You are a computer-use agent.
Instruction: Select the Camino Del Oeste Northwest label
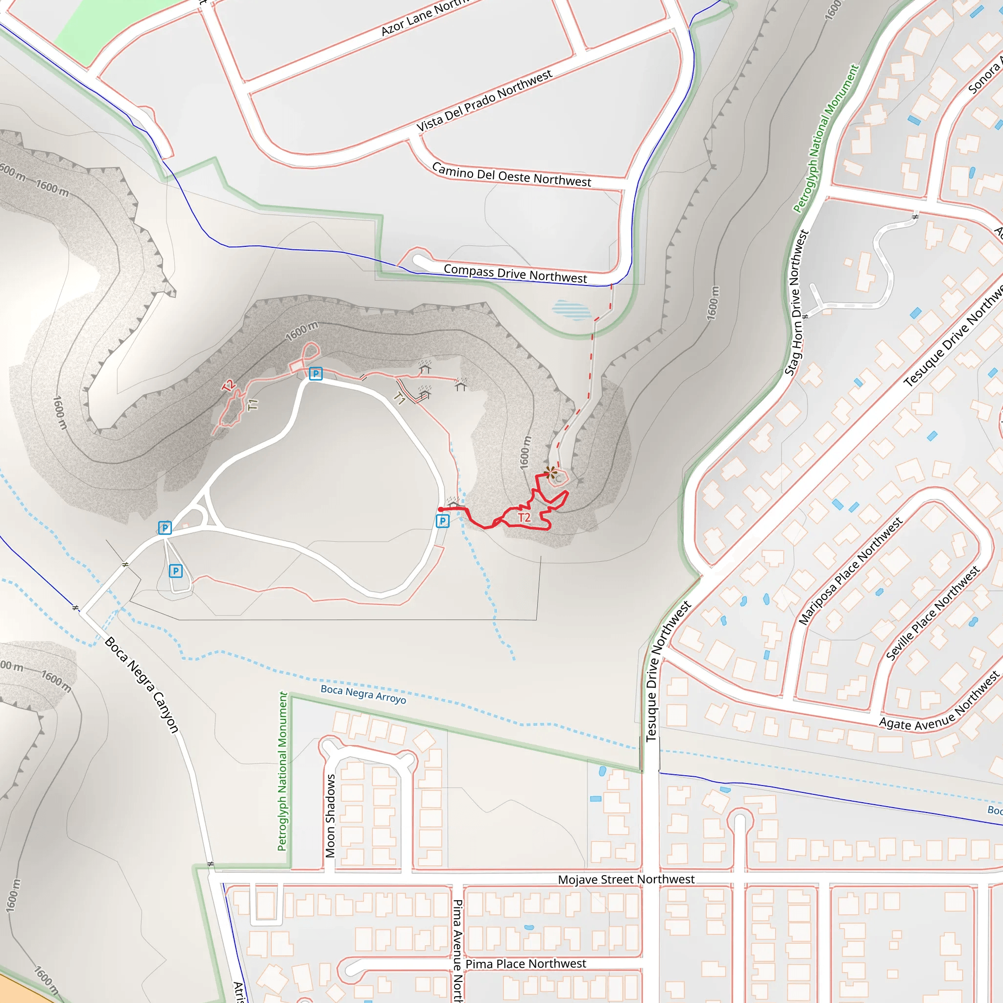pyautogui.click(x=511, y=175)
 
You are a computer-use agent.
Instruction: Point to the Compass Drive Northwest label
pyautogui.click(x=515, y=273)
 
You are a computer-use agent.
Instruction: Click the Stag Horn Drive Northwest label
pyautogui.click(x=796, y=303)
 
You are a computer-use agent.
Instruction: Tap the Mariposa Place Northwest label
pyautogui.click(x=850, y=572)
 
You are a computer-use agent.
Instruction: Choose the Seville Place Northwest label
pyautogui.click(x=932, y=613)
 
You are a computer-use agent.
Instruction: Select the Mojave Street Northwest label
pyautogui.click(x=626, y=880)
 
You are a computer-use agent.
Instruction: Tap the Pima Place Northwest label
pyautogui.click(x=525, y=964)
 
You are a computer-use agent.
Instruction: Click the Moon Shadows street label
pyautogui.click(x=330, y=816)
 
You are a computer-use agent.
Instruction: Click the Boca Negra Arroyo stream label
pyautogui.click(x=363, y=694)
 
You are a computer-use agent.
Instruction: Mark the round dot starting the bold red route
pyautogui.click(x=440, y=510)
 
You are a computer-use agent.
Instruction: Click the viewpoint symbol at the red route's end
pyautogui.click(x=550, y=473)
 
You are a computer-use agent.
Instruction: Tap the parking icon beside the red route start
pyautogui.click(x=442, y=521)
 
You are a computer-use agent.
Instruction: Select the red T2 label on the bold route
pyautogui.click(x=525, y=518)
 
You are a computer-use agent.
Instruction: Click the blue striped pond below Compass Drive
pyautogui.click(x=571, y=310)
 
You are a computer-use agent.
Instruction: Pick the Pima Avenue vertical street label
pyautogui.click(x=457, y=950)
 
